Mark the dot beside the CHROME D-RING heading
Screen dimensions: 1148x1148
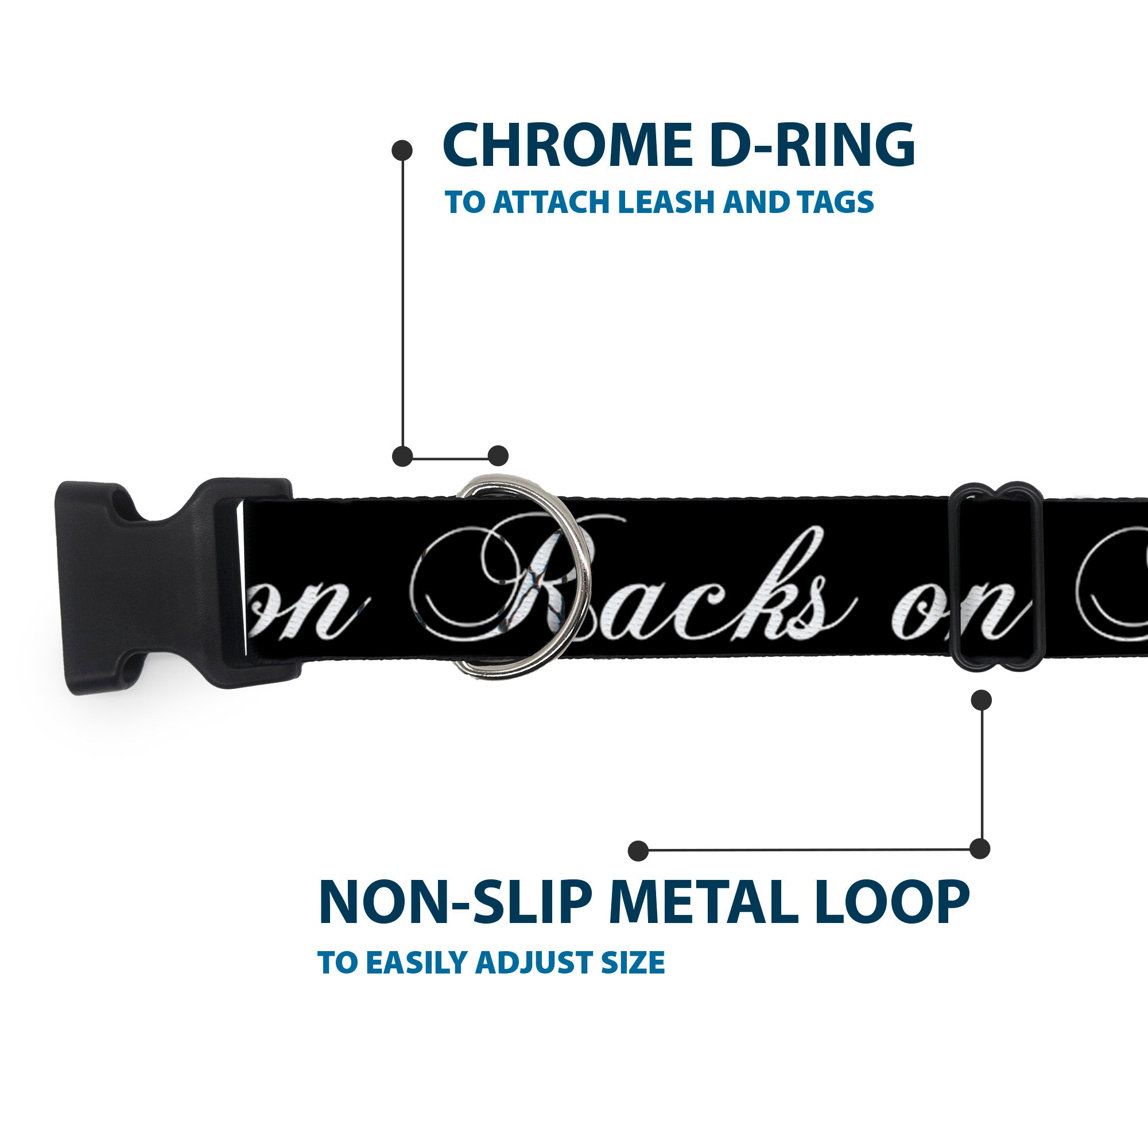coord(402,150)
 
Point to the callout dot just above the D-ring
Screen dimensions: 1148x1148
coord(498,456)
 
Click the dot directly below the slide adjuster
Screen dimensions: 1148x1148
coord(981,700)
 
